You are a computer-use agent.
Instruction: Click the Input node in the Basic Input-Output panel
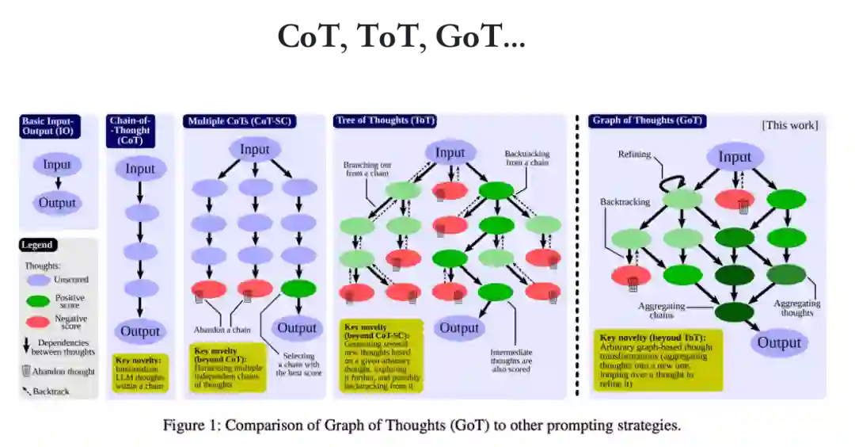point(57,165)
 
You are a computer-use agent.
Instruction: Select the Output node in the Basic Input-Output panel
point(57,202)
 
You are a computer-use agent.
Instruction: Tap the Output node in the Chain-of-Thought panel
point(140,331)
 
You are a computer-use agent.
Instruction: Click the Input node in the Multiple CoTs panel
point(255,149)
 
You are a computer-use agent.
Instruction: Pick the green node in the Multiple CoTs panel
point(298,288)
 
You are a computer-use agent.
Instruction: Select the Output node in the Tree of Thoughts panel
point(460,327)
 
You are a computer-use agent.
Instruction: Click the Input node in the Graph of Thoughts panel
point(735,157)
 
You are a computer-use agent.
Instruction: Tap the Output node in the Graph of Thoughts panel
point(779,342)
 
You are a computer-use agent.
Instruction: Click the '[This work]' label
point(789,125)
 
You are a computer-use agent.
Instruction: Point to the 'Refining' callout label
point(635,155)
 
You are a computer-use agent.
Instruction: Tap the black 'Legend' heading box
point(37,246)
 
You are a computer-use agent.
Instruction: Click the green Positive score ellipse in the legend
point(39,301)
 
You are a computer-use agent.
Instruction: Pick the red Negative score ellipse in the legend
point(39,322)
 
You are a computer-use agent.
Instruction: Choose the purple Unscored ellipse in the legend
point(39,280)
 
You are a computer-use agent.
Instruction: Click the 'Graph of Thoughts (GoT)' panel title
point(647,121)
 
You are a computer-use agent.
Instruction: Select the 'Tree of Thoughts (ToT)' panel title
point(385,120)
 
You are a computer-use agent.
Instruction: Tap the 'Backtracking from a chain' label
point(526,158)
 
